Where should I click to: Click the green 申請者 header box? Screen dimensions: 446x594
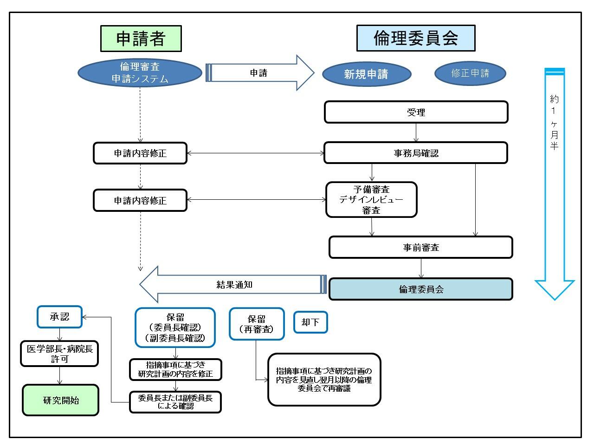(x=141, y=39)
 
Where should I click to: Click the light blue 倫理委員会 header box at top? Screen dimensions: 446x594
(x=416, y=38)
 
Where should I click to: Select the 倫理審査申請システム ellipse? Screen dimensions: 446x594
(x=140, y=73)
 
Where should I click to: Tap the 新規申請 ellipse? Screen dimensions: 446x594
(x=366, y=74)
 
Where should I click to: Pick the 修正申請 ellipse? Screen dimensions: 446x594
(x=470, y=73)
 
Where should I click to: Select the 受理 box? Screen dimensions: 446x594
(x=416, y=112)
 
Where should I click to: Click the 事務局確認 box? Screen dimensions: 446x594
(x=416, y=153)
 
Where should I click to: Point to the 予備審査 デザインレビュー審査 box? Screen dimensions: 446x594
(x=371, y=200)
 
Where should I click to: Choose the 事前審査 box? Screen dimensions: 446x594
(x=420, y=247)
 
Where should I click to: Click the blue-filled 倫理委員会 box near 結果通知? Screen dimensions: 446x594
(x=420, y=289)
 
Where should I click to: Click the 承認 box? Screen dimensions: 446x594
(x=59, y=317)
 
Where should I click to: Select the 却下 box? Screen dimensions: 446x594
(x=310, y=322)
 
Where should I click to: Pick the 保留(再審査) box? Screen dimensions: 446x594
(x=256, y=324)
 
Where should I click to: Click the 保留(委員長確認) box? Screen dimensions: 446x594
(x=175, y=328)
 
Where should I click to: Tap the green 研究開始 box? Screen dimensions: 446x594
(x=61, y=400)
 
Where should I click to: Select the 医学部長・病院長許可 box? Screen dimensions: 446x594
(x=59, y=354)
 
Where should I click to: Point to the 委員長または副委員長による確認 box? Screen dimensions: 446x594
(x=175, y=402)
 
